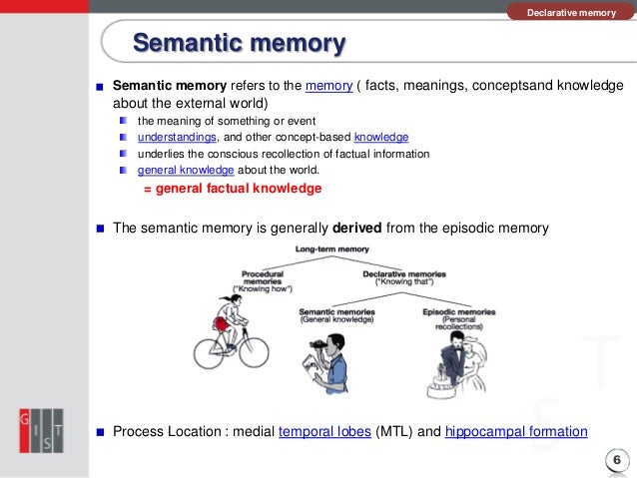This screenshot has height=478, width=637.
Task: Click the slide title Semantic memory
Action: (x=240, y=44)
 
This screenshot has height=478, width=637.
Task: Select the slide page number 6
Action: (x=615, y=459)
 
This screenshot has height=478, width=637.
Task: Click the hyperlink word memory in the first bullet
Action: (x=329, y=86)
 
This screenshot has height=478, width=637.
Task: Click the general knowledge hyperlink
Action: (x=180, y=170)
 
